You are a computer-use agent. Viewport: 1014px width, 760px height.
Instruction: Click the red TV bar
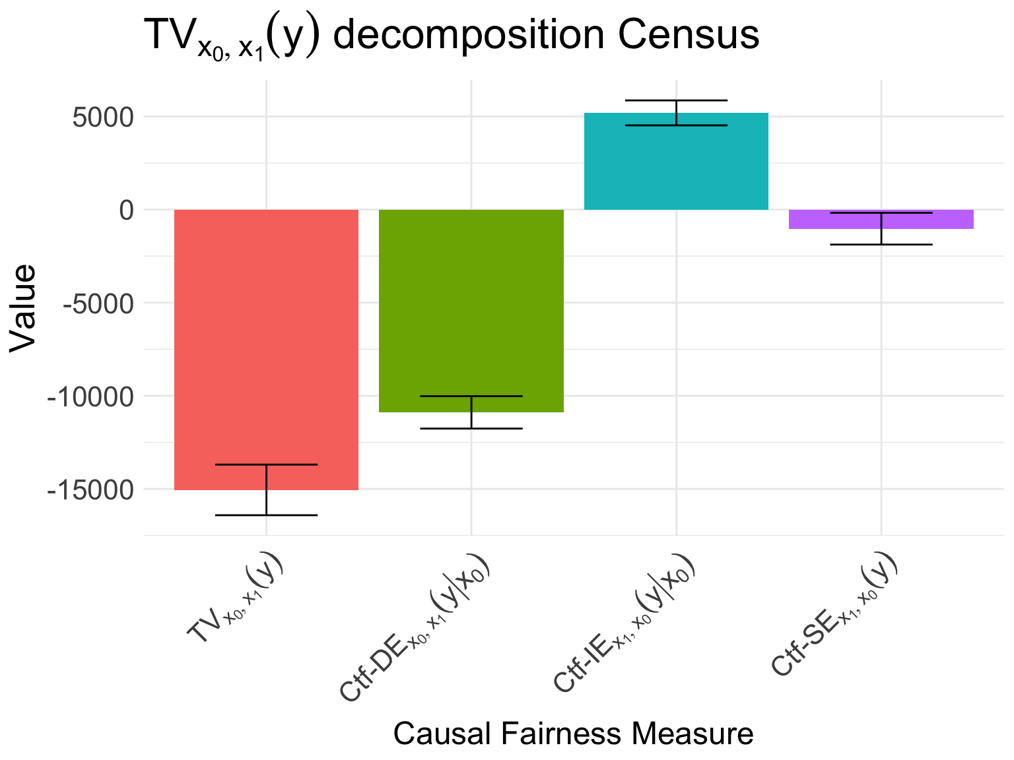[x=266, y=350]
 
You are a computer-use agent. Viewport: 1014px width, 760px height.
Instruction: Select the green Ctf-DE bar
[x=471, y=311]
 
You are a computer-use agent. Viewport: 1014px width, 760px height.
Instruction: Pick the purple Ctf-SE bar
[x=881, y=220]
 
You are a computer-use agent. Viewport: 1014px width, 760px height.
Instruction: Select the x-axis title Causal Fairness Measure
[x=573, y=734]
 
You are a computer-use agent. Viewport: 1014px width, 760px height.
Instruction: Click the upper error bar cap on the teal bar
[x=676, y=100]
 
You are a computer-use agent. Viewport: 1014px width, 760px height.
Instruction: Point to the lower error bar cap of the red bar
[x=266, y=515]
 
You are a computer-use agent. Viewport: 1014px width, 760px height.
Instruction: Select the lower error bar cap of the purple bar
[x=881, y=245]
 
